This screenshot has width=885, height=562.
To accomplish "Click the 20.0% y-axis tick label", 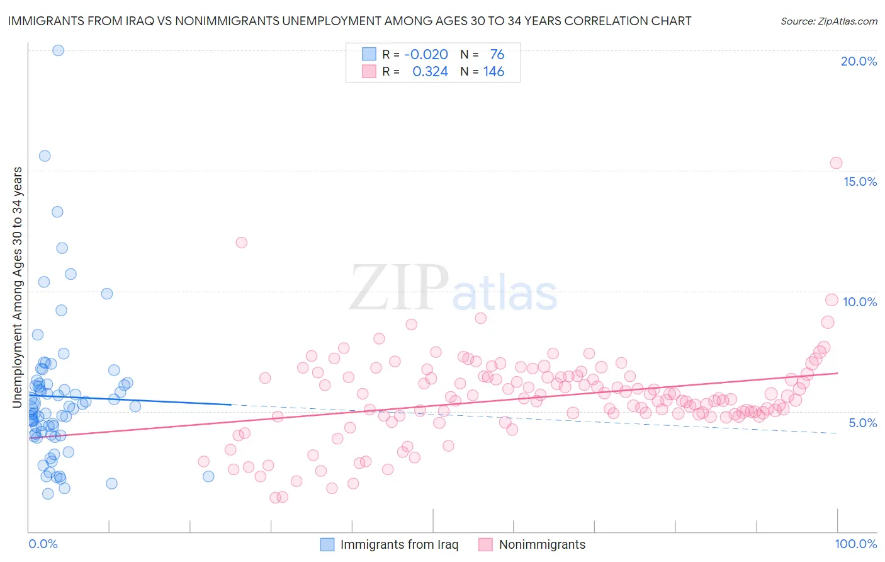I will [859, 61].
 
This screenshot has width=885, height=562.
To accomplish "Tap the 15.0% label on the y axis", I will [860, 181].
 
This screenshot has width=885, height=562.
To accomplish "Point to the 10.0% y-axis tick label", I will [860, 302].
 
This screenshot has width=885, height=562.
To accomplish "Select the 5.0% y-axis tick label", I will [862, 423].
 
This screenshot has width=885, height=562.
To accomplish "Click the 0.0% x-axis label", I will [43, 544].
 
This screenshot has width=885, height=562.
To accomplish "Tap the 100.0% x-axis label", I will [856, 544].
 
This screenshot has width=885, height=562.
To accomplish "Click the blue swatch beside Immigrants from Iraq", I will [327, 544].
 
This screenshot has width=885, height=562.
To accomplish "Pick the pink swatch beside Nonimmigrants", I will [485, 544].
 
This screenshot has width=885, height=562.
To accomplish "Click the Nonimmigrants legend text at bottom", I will [542, 544].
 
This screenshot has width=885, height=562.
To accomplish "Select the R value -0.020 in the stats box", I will [426, 55].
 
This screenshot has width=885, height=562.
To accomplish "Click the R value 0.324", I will [430, 72].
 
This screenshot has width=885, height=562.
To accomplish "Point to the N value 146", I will [493, 72].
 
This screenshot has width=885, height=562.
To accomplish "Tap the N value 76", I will [497, 55].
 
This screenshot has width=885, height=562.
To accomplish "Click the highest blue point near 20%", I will [58, 50].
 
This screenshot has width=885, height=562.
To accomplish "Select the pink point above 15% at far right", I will [836, 163].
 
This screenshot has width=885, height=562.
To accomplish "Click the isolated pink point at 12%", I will [241, 243].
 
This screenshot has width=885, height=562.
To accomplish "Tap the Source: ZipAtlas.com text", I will [828, 21].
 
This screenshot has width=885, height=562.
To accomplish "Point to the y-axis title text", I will [18, 287].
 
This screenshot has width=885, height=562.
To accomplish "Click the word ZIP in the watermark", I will [398, 289].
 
